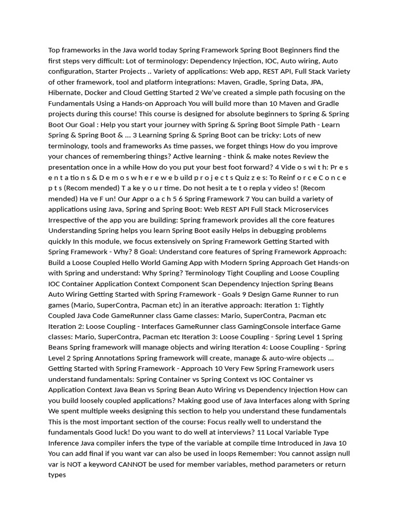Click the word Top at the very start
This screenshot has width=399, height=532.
coord(55,50)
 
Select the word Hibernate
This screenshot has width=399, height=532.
coord(65,92)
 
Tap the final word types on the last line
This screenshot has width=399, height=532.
coord(57,475)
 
